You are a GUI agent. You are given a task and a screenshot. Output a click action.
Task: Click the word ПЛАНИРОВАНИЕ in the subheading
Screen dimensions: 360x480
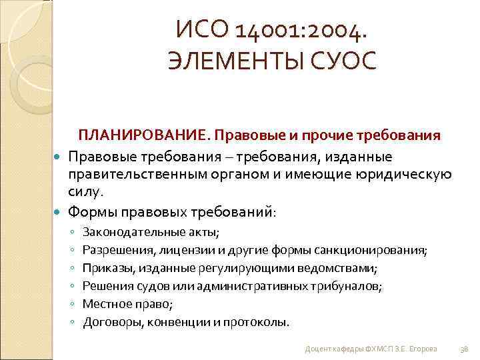tap(143, 136)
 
